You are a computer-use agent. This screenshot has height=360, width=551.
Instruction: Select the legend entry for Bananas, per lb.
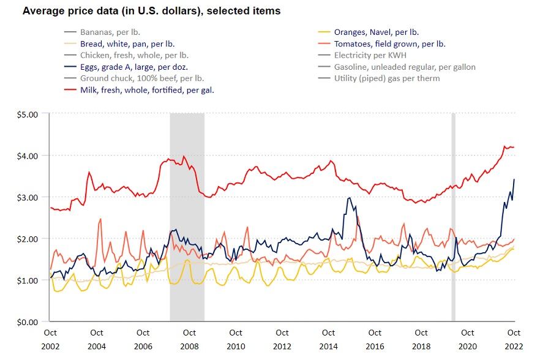coord(110,32)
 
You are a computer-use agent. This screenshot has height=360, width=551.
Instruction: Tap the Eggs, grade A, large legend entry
coord(134,67)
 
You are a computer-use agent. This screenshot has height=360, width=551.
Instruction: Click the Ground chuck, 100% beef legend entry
coord(142,78)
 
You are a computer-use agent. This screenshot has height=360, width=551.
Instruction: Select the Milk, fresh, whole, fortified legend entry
coord(147,90)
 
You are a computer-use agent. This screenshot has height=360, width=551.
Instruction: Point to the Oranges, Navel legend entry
coord(376,32)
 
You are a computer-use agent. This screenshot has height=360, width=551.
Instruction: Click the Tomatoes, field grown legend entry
coord(389,43)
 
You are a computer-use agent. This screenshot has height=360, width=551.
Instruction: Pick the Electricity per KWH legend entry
coord(370,55)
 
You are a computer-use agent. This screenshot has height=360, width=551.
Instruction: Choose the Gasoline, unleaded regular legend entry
coord(405,67)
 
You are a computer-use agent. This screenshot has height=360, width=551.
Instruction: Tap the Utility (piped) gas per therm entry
coord(387,78)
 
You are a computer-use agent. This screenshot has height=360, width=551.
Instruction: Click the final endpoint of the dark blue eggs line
coord(514,179)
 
